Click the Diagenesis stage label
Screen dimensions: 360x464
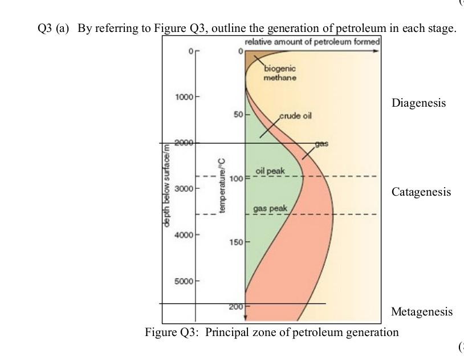click(418, 103)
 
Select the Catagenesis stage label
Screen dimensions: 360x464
click(421, 192)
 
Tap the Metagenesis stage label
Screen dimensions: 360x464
click(421, 312)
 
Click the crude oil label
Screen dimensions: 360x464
click(295, 115)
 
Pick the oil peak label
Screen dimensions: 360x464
click(270, 171)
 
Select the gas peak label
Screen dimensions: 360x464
click(270, 208)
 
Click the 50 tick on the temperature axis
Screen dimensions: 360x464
click(238, 115)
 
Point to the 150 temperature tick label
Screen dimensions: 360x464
click(235, 242)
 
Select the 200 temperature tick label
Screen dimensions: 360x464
click(236, 307)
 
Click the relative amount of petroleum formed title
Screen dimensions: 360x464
click(312, 42)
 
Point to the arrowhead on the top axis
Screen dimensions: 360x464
click(375, 51)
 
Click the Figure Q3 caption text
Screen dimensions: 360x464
click(272, 332)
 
